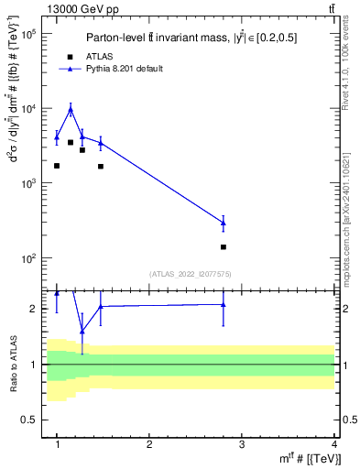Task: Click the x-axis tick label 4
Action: click(334, 444)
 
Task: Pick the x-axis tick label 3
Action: click(242, 444)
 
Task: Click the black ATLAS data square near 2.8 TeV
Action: click(224, 247)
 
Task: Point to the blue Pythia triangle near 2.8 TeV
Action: click(224, 223)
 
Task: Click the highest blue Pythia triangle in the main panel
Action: click(71, 110)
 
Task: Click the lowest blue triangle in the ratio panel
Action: click(82, 331)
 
